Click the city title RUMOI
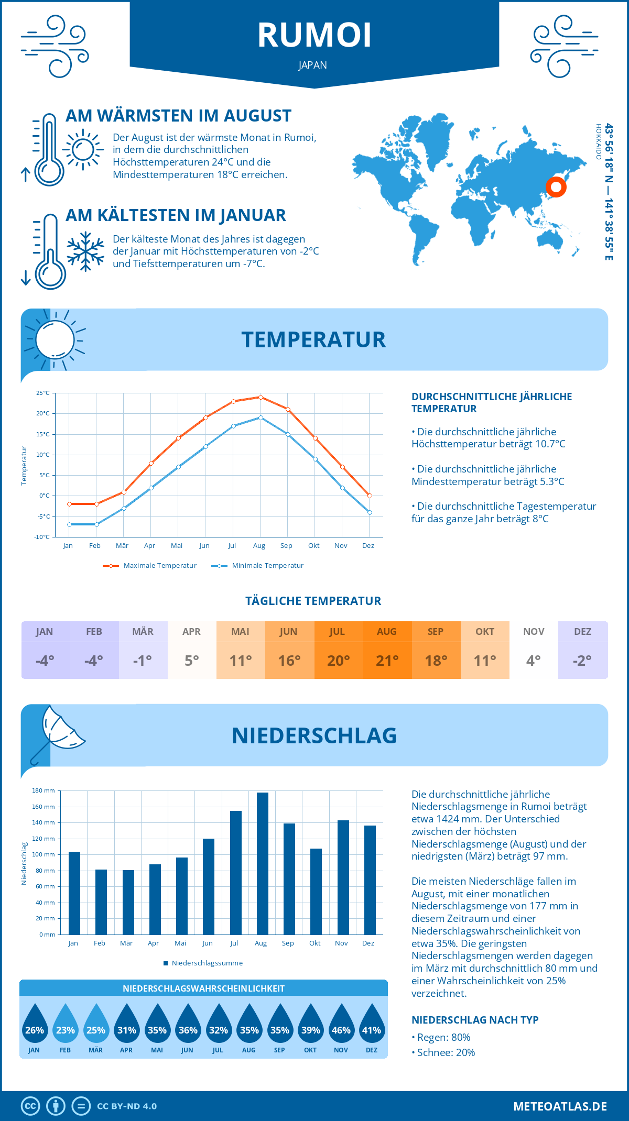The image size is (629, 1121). pyautogui.click(x=314, y=36)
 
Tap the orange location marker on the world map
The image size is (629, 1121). pyautogui.click(x=556, y=186)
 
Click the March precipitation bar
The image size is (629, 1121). pyautogui.click(x=128, y=902)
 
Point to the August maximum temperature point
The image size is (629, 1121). pyautogui.click(x=261, y=397)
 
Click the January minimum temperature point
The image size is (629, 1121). pyautogui.click(x=69, y=524)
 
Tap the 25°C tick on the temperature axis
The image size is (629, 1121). pyautogui.click(x=43, y=393)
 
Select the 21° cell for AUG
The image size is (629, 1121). pyautogui.click(x=387, y=661)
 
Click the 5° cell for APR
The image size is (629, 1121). pyautogui.click(x=192, y=661)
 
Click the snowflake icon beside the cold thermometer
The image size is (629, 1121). pyautogui.click(x=85, y=251)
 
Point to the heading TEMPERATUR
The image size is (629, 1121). pyautogui.click(x=313, y=339)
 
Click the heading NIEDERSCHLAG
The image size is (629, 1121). pyautogui.click(x=314, y=735)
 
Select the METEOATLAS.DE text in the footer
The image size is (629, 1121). pyautogui.click(x=560, y=1106)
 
